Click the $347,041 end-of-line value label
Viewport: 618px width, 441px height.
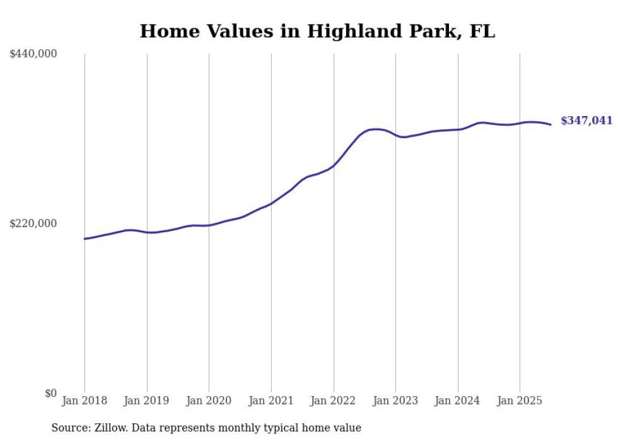(x=586, y=121)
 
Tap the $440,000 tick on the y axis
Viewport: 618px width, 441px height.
(x=33, y=54)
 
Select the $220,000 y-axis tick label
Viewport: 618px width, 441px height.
(x=33, y=223)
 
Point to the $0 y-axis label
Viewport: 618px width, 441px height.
(x=50, y=393)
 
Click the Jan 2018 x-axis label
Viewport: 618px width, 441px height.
(x=85, y=401)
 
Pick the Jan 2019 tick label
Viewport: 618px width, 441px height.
(x=147, y=401)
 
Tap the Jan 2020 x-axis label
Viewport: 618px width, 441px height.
(x=209, y=401)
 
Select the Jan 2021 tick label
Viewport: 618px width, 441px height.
(x=271, y=401)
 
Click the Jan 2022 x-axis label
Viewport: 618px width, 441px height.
(x=334, y=401)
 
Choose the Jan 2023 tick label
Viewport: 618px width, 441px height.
(x=395, y=401)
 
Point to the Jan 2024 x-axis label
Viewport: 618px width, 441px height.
(x=458, y=401)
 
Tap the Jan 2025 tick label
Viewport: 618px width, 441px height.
(x=520, y=401)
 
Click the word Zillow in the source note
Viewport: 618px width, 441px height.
(x=110, y=428)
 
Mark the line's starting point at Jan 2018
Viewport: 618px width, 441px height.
(x=85, y=238)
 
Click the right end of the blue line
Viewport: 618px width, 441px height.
(x=551, y=124)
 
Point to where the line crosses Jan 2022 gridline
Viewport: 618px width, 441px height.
(x=334, y=165)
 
